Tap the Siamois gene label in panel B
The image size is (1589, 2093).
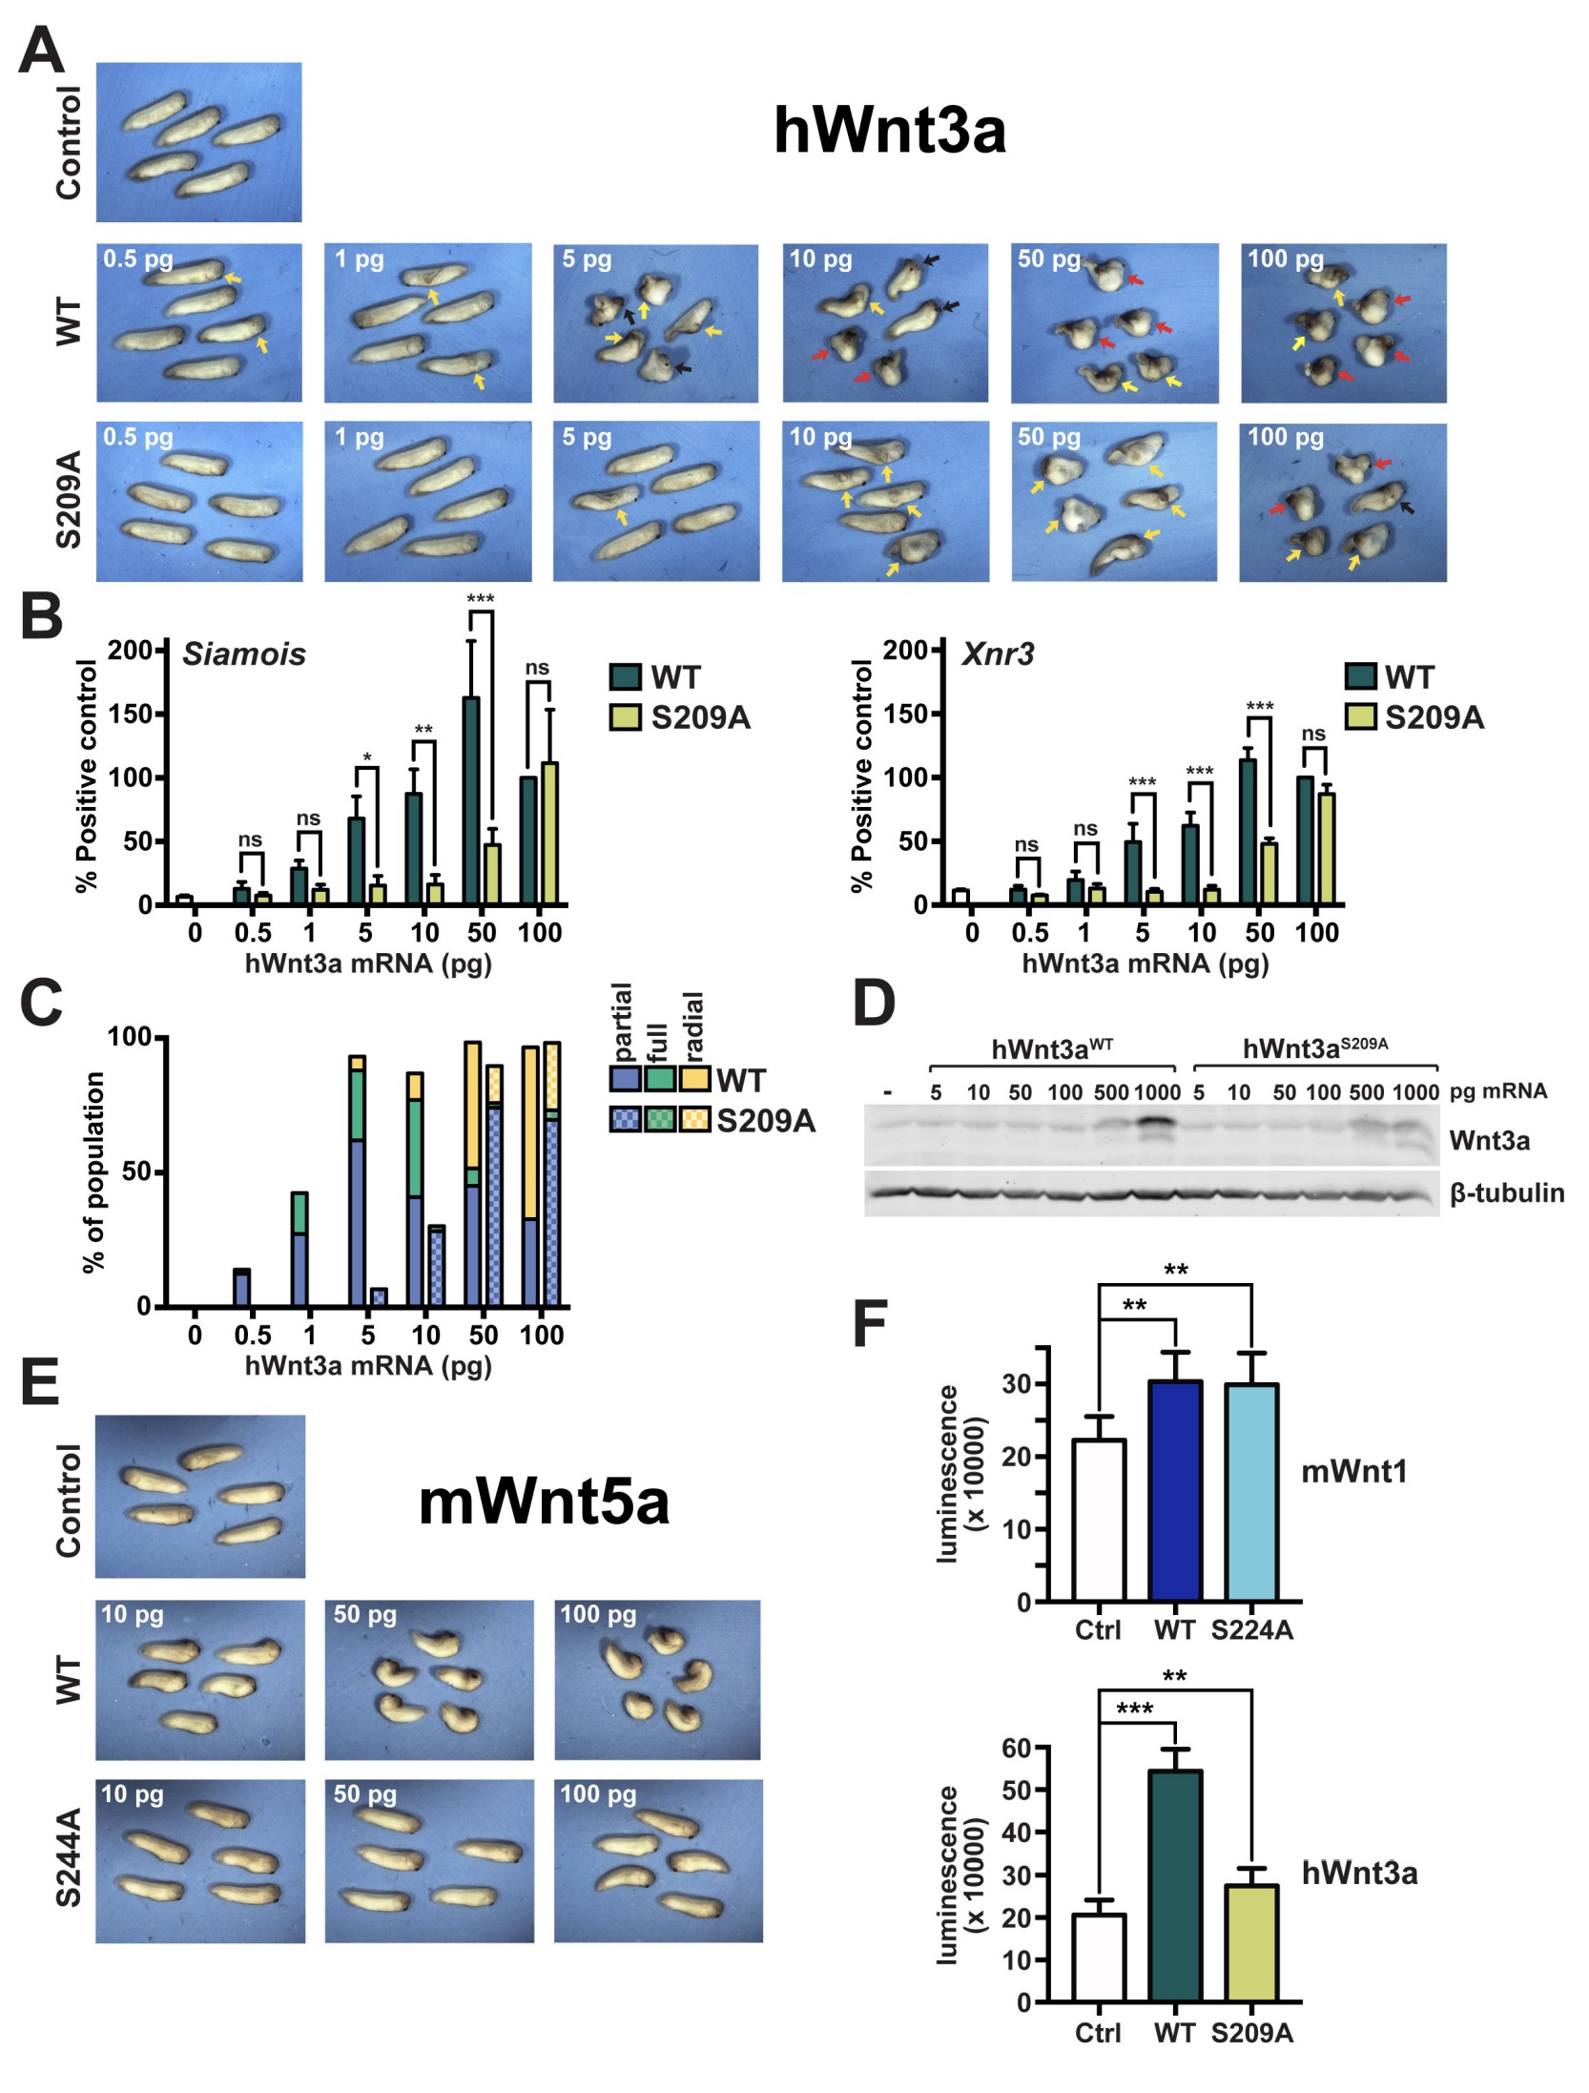(x=244, y=654)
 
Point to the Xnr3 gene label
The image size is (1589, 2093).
(x=997, y=654)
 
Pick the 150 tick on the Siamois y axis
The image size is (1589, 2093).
(x=131, y=714)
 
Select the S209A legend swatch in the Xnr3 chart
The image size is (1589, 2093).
(x=1360, y=716)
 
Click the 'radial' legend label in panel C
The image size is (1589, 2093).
(x=693, y=1026)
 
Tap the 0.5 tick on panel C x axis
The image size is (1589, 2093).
(x=252, y=1334)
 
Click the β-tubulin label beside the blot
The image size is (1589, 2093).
(x=1506, y=1192)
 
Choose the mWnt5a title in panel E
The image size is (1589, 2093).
(x=544, y=1502)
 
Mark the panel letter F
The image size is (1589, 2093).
(x=869, y=1323)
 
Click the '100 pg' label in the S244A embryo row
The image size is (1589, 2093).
(x=597, y=1794)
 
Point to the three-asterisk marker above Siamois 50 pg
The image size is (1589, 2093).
(x=480, y=599)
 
